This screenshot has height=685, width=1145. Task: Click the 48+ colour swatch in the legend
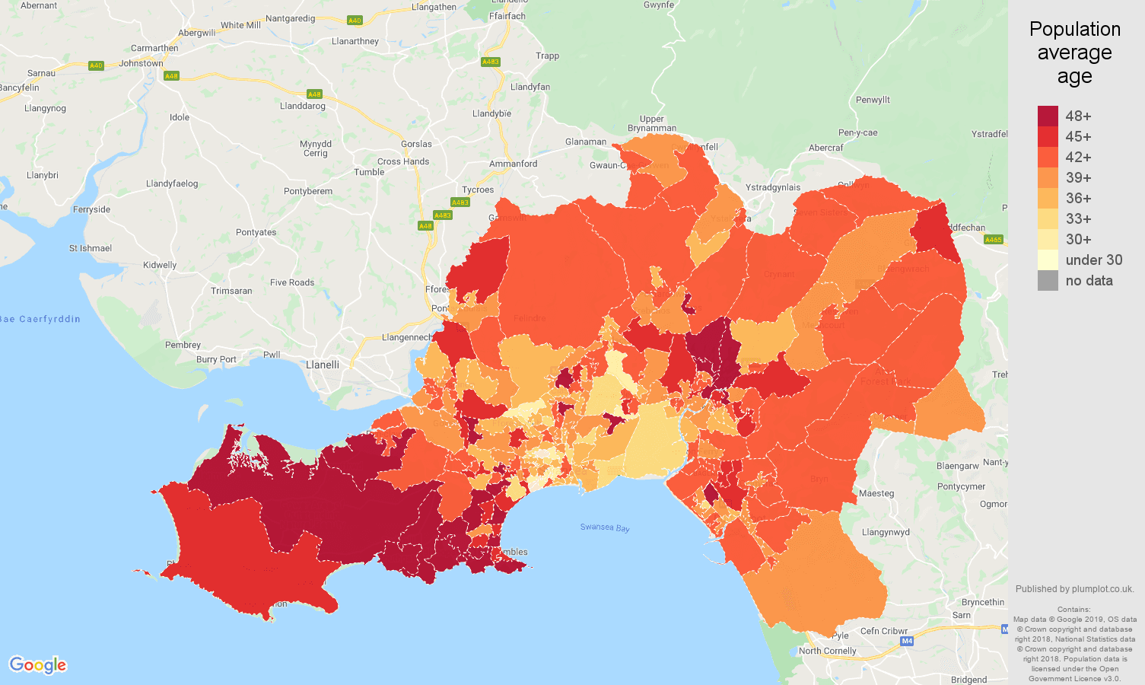coord(1048,116)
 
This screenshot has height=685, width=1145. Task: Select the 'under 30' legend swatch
coord(1048,260)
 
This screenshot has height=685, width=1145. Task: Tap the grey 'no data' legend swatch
coord(1048,280)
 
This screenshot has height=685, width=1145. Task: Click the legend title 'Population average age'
coord(1074,53)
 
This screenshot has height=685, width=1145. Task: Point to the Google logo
coord(38,664)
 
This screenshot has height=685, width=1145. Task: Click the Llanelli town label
coord(323,365)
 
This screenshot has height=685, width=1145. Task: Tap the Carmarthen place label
coord(154,48)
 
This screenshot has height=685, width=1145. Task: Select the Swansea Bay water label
coord(605,527)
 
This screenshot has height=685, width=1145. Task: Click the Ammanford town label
coord(513,164)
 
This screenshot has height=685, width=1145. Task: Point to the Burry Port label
coord(216,359)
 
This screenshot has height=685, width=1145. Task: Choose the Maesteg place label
coord(876,493)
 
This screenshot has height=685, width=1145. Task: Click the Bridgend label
coord(968,680)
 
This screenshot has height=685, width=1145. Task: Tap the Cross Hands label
coord(403,161)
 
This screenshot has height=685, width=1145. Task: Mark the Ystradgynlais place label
coord(773,187)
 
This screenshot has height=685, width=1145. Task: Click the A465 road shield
coord(994,240)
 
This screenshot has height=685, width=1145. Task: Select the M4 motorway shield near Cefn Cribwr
coord(907,641)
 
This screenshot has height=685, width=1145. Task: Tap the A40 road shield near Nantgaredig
coord(354,21)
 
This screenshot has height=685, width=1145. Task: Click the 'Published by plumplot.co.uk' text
coord(1074,588)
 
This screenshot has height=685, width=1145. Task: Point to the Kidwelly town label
coord(160,265)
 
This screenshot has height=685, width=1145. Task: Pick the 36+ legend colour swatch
coord(1048,198)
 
